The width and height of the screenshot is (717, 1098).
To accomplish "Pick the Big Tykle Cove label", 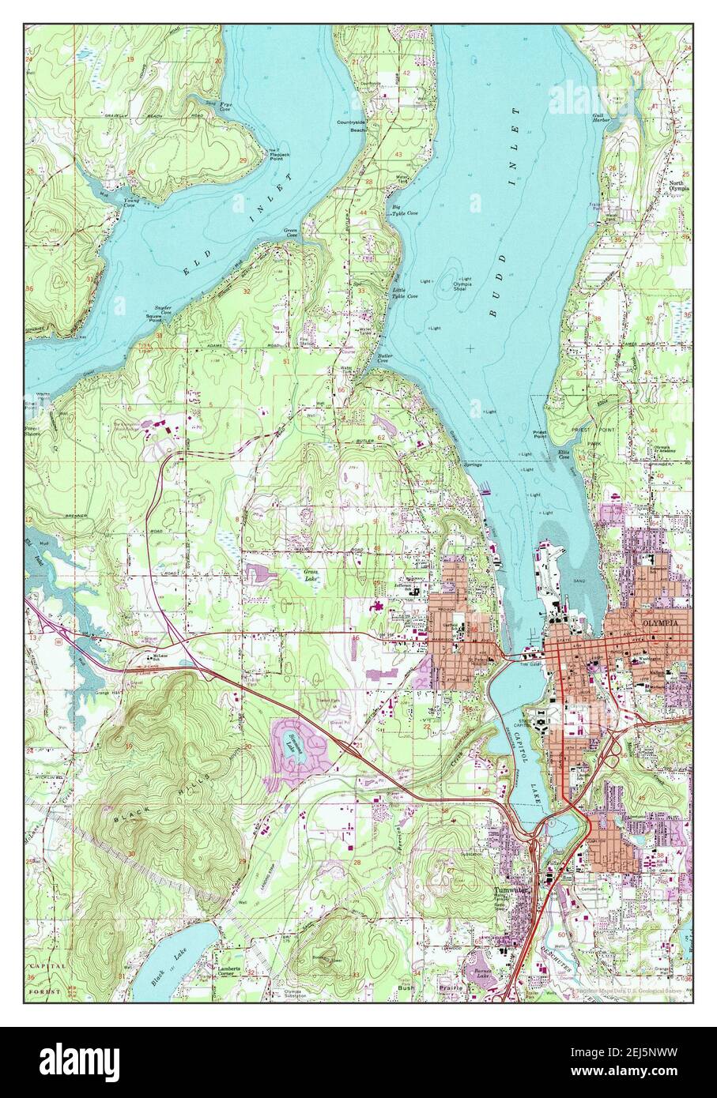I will tap(405, 211).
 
